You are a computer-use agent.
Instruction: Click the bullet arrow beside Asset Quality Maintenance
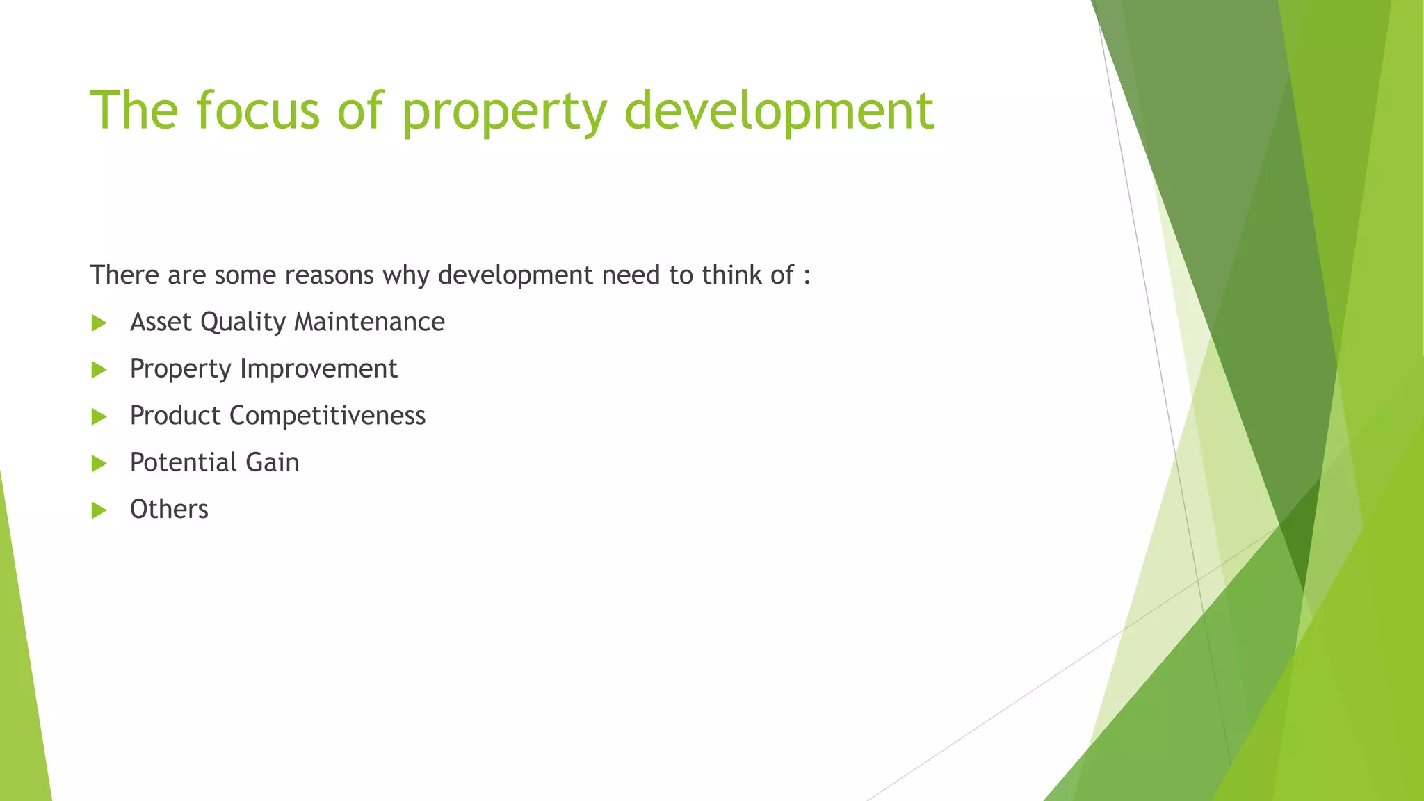[x=99, y=323]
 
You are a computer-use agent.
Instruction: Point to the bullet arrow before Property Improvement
[x=99, y=370]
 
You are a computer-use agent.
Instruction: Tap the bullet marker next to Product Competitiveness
[x=99, y=416]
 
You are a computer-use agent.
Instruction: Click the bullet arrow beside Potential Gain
[x=99, y=464]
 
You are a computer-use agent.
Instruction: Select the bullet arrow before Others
[x=99, y=510]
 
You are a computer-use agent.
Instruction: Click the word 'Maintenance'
[x=369, y=322]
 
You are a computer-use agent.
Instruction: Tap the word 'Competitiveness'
[x=327, y=416]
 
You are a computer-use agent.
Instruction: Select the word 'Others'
[x=169, y=510]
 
